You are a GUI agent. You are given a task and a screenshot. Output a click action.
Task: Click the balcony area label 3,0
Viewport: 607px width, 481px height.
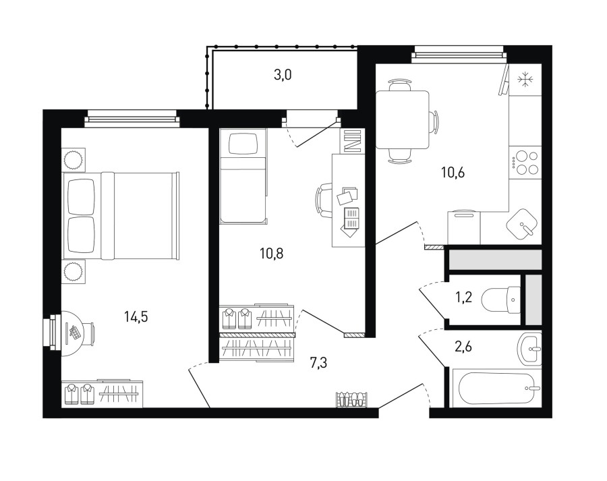tap(283, 75)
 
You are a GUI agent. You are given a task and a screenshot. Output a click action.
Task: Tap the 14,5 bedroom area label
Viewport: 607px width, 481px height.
tap(136, 317)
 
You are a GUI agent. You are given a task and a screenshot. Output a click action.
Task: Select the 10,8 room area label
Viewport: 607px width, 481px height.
tap(271, 254)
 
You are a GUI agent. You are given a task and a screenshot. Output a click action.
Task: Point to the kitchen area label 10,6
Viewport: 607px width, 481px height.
tap(453, 172)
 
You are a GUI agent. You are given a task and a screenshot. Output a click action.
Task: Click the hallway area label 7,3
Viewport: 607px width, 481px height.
tap(318, 363)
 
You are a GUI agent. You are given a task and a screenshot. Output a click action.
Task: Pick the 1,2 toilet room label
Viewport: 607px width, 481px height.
tap(463, 298)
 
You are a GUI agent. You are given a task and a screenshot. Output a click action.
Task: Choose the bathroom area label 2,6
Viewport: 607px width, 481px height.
tap(463, 347)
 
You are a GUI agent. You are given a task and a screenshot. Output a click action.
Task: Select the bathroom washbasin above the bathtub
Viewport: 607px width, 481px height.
tap(529, 349)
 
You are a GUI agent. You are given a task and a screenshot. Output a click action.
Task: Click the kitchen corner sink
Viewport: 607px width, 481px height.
tap(522, 225)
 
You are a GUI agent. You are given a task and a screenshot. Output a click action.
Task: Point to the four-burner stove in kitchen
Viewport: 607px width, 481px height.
tap(525, 163)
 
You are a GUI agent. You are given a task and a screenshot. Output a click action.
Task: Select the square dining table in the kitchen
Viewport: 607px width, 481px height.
tap(403, 119)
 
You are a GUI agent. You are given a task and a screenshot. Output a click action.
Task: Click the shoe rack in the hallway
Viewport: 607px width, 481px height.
tap(351, 399)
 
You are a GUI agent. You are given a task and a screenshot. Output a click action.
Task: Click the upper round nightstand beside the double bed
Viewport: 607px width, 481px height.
tap(73, 160)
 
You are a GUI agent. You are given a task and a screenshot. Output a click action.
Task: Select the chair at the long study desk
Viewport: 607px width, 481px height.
tap(324, 200)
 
